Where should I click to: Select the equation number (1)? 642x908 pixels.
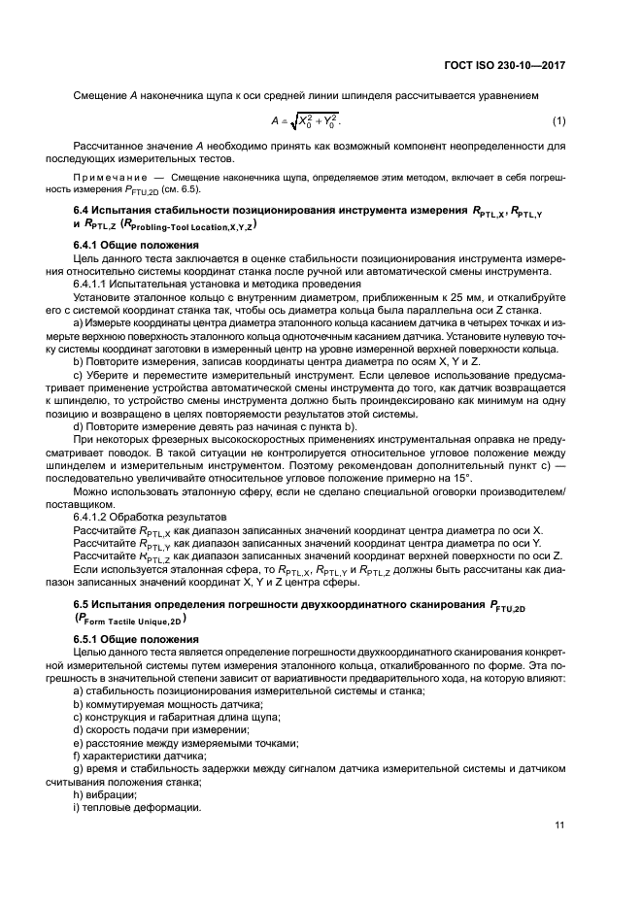558,120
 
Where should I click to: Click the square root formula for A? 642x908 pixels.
307,121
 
